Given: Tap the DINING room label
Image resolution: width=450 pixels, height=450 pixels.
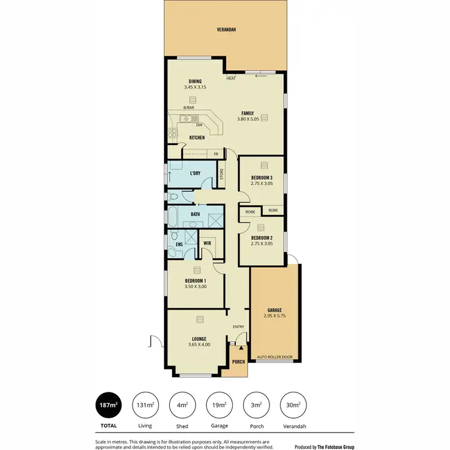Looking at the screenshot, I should coord(194,82).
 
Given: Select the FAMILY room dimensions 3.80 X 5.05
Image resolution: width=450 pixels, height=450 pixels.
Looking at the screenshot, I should coord(247,119).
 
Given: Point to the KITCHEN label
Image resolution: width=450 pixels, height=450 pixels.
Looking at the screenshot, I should coord(197,137).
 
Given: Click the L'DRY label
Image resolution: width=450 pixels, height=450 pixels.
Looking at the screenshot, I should coord(194,173).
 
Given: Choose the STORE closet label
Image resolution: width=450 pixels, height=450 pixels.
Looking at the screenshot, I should coord(221,175).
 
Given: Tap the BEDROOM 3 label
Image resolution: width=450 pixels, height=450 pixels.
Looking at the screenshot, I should coord(262,177).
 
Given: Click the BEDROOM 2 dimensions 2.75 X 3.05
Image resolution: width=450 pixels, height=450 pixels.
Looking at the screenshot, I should coord(262,244).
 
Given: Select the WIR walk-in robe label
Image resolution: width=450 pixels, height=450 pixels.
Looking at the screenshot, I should coord(207,243).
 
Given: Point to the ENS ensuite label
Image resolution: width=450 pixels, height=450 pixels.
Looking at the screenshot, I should coord(179,245).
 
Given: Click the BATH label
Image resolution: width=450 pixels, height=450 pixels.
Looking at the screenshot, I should coord(195,214).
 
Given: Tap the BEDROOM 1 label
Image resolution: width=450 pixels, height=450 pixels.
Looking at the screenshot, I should coord(195,281).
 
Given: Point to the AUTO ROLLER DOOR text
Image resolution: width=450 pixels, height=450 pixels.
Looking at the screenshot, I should coord(274,357).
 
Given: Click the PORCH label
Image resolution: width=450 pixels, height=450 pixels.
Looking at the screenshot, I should coord(239,362).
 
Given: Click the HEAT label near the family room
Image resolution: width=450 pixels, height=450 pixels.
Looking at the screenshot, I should coord(231,79).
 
